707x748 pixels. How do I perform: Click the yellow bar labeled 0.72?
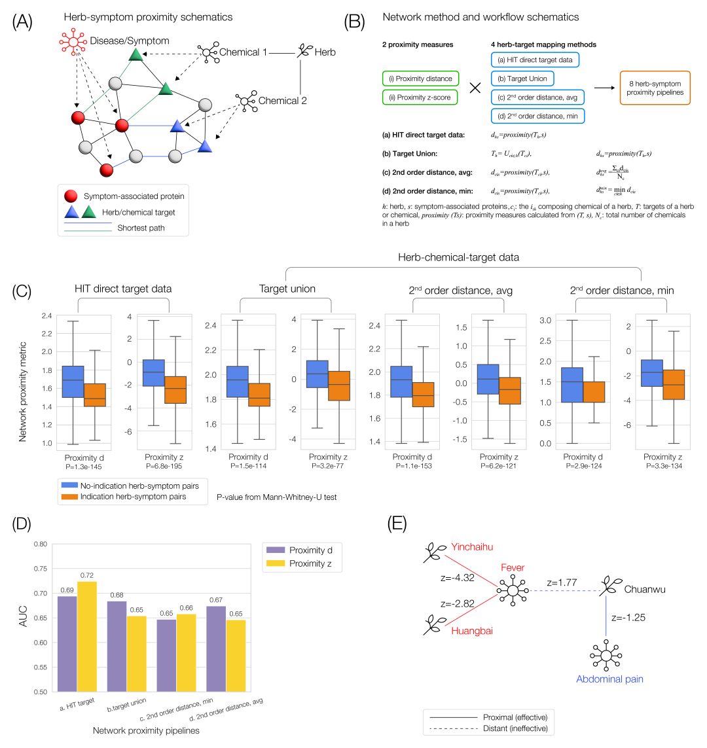[87, 636]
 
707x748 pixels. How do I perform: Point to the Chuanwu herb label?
[645, 589]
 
